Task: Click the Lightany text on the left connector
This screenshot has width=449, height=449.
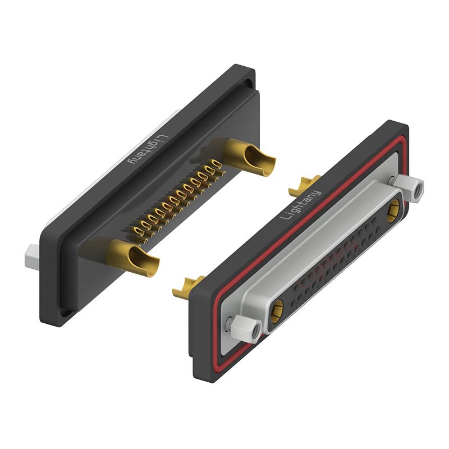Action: click(x=146, y=149)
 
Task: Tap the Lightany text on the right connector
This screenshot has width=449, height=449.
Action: click(x=300, y=205)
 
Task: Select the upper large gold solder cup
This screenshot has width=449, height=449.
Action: click(x=248, y=157)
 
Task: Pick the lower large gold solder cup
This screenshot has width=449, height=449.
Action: click(x=132, y=258)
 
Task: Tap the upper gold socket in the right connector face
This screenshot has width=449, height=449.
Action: click(x=395, y=211)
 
